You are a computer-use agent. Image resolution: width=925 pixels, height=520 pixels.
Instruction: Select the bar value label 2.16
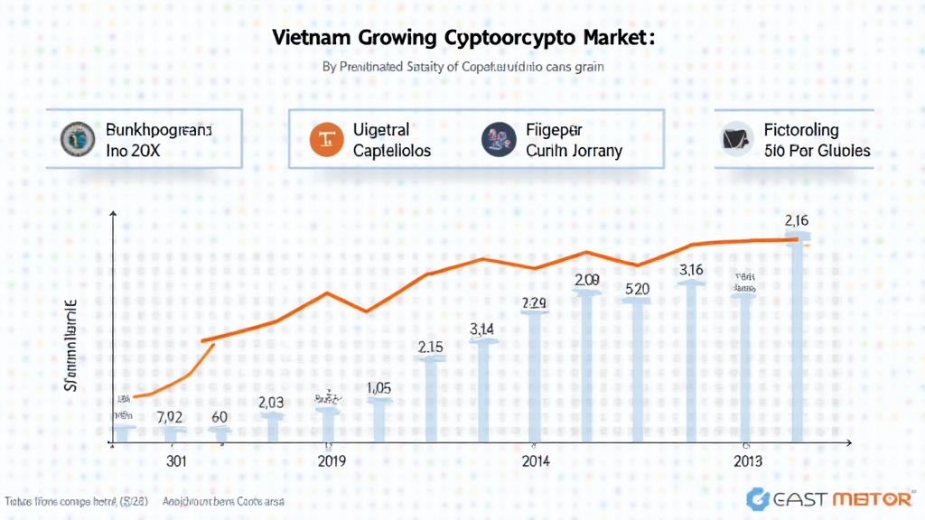tap(797, 219)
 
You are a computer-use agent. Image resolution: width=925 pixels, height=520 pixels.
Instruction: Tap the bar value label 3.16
tap(691, 269)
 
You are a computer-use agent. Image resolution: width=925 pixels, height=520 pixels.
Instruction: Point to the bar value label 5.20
tap(638, 289)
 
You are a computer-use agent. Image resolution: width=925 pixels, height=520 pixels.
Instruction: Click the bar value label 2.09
tap(586, 280)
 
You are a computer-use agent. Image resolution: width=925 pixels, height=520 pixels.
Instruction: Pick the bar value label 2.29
tap(534, 303)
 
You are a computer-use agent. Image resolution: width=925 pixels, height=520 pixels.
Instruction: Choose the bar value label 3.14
tap(482, 330)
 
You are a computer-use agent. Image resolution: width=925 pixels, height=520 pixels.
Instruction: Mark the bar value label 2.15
tap(430, 347)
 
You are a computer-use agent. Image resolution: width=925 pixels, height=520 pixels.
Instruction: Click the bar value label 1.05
tap(379, 387)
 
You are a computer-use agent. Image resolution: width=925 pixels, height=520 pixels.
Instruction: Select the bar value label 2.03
tap(272, 403)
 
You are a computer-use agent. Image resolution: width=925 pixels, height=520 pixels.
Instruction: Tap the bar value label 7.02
tap(170, 417)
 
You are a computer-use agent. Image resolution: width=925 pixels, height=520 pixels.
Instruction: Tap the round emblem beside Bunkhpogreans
tap(76, 139)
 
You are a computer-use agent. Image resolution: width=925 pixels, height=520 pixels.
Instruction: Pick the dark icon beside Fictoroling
tap(738, 139)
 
